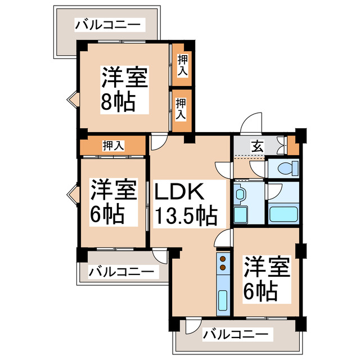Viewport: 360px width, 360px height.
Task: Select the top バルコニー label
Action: tap(110, 25)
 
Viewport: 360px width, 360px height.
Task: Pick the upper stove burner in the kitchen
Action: tap(223, 259)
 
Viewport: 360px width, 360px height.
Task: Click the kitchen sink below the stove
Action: tap(223, 303)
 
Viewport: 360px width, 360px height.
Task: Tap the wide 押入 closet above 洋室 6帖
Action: tap(113, 146)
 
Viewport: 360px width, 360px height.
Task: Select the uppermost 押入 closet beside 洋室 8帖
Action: tap(182, 64)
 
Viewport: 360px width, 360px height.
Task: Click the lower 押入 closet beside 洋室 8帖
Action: tap(181, 109)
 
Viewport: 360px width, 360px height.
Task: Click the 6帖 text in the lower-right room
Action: tap(260, 291)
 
